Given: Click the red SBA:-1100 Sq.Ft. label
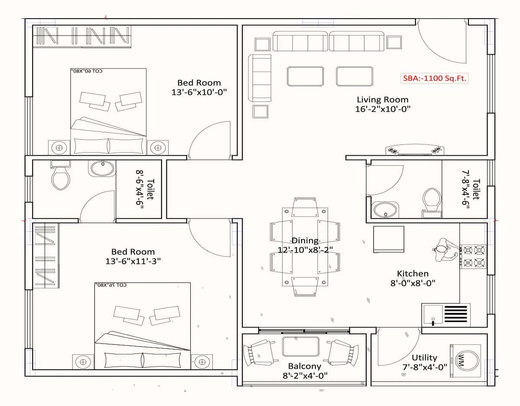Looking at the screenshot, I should pyautogui.click(x=434, y=79).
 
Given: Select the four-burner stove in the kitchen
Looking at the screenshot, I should pyautogui.click(x=473, y=256).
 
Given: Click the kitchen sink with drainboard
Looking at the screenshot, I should pyautogui.click(x=445, y=314).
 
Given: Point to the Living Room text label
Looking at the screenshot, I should pyautogui.click(x=382, y=100).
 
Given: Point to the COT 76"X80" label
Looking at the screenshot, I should pyautogui.click(x=110, y=285).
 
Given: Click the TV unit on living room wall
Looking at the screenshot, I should pyautogui.click(x=415, y=150).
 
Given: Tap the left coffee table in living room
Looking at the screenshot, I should pyautogui.click(x=305, y=76).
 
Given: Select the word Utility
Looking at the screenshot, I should pyautogui.click(x=424, y=358).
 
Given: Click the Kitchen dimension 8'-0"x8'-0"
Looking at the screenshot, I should pyautogui.click(x=413, y=283).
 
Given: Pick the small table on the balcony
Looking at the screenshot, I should pyautogui.click(x=300, y=346).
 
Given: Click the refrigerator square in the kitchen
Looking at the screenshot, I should pyautogui.click(x=389, y=239).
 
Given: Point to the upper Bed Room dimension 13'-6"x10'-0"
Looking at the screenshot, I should pyautogui.click(x=199, y=92).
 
